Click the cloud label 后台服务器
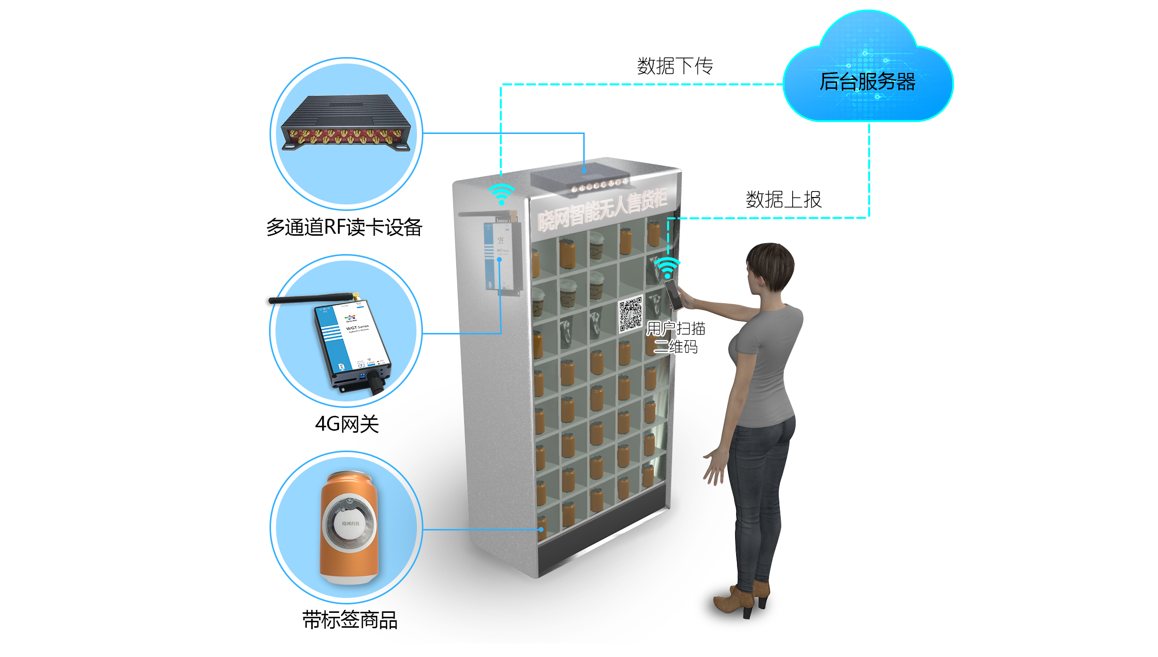coord(867,82)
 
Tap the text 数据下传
coord(675,66)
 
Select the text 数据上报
coord(783,199)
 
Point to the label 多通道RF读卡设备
coord(344,227)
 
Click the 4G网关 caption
coord(347,424)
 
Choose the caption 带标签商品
coord(350,620)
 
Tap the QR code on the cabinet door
coord(630,314)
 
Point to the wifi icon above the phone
coord(668,268)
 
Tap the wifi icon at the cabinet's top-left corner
coord(501,194)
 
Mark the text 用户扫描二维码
coord(676,337)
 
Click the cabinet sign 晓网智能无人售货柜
coord(603,209)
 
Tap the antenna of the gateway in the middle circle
coord(313,299)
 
